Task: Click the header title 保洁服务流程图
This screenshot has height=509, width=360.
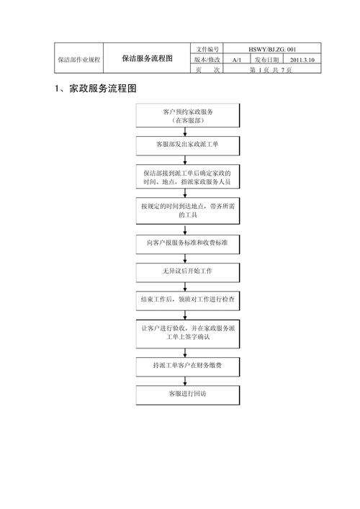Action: [147, 58]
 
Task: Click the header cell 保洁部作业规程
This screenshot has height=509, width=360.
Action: [79, 60]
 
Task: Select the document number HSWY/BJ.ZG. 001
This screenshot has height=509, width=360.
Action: [272, 50]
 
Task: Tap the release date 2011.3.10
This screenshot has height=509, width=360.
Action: [302, 60]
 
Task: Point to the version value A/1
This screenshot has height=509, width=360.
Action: [237, 60]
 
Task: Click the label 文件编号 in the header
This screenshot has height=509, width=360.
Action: [207, 50]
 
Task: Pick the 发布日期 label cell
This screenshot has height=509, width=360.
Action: [266, 60]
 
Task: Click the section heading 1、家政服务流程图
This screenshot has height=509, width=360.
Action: [96, 89]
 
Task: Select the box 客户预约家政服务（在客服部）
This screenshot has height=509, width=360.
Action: [188, 116]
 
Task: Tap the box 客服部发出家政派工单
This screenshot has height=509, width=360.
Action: [188, 145]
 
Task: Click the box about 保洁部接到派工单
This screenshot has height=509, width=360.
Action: [188, 176]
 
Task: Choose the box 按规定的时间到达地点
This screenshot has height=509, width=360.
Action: [188, 211]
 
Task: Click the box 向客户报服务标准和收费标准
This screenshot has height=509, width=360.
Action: [188, 245]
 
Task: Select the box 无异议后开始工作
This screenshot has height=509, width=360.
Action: [188, 273]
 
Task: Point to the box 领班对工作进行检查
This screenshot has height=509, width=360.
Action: [188, 301]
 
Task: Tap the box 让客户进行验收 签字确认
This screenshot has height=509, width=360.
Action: [188, 334]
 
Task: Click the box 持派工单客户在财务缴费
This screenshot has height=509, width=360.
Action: [188, 367]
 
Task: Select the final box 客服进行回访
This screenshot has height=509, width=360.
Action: [188, 395]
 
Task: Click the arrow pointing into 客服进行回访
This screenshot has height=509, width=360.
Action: [185, 382]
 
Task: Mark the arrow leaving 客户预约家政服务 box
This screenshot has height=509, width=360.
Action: [185, 132]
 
